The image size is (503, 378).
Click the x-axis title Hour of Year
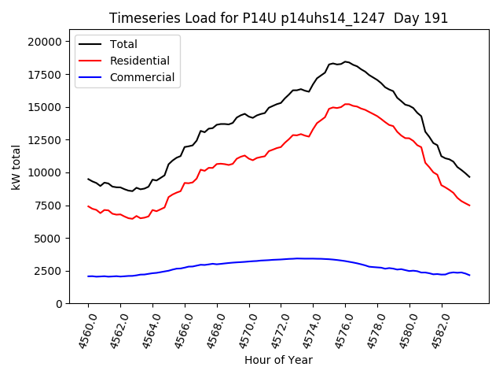coord(278,360)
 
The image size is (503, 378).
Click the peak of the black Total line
coord(345,61)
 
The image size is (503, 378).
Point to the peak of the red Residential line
coord(347,104)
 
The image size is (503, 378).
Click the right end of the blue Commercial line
coord(469,275)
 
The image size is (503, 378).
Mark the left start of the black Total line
coord(88,179)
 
